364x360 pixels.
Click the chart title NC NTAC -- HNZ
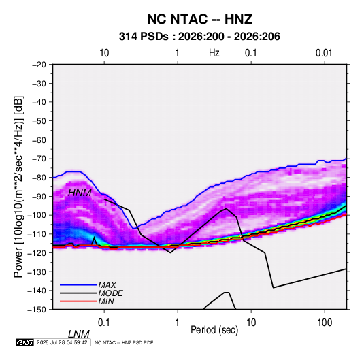(199, 19)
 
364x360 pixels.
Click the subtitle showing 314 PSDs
(199, 37)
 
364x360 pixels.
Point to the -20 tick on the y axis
(39, 65)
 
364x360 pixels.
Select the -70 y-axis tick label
(39, 159)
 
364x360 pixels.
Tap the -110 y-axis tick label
(37, 234)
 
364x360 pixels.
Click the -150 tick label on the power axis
(37, 310)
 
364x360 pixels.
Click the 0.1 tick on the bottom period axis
(104, 323)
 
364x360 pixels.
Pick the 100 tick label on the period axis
(325, 323)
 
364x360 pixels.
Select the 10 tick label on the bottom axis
(251, 323)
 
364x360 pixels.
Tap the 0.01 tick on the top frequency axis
(324, 53)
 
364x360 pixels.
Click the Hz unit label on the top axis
(214, 53)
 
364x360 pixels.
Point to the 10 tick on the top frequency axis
(104, 53)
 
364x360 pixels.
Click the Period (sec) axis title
(214, 330)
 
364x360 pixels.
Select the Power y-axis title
(18, 186)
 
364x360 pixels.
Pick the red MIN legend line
(78, 301)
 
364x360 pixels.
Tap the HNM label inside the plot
(80, 193)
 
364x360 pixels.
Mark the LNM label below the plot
(79, 334)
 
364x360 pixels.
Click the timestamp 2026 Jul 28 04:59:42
(62, 342)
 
